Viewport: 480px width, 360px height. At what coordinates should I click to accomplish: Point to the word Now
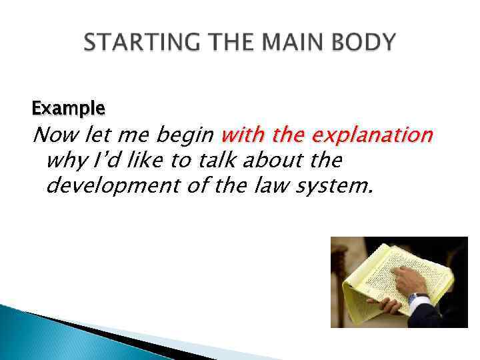[55, 136]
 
